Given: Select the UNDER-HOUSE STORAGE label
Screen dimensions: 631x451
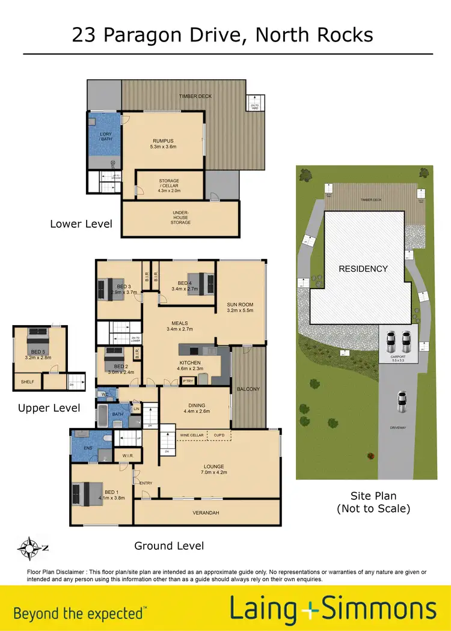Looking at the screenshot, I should pos(180,217).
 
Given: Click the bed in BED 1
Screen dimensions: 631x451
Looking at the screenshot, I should pos(84,493).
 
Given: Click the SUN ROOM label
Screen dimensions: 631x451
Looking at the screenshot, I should pos(241,307).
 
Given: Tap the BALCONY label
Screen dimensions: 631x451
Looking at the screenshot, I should pos(248,389).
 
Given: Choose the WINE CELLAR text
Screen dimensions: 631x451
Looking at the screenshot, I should pos(192,434).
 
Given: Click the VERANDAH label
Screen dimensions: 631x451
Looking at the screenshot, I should pos(206,513).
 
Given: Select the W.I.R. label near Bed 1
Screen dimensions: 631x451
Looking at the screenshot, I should pos(127,455).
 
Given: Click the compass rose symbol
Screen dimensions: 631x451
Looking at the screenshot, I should pos(28,548).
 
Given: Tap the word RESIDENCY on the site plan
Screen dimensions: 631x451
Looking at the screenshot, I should pos(363,269).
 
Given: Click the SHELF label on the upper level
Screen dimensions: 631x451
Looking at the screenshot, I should pos(27,381).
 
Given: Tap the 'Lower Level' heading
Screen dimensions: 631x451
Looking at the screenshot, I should pos(81,224).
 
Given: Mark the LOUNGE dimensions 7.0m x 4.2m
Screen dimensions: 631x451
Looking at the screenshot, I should pos(213,473).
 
